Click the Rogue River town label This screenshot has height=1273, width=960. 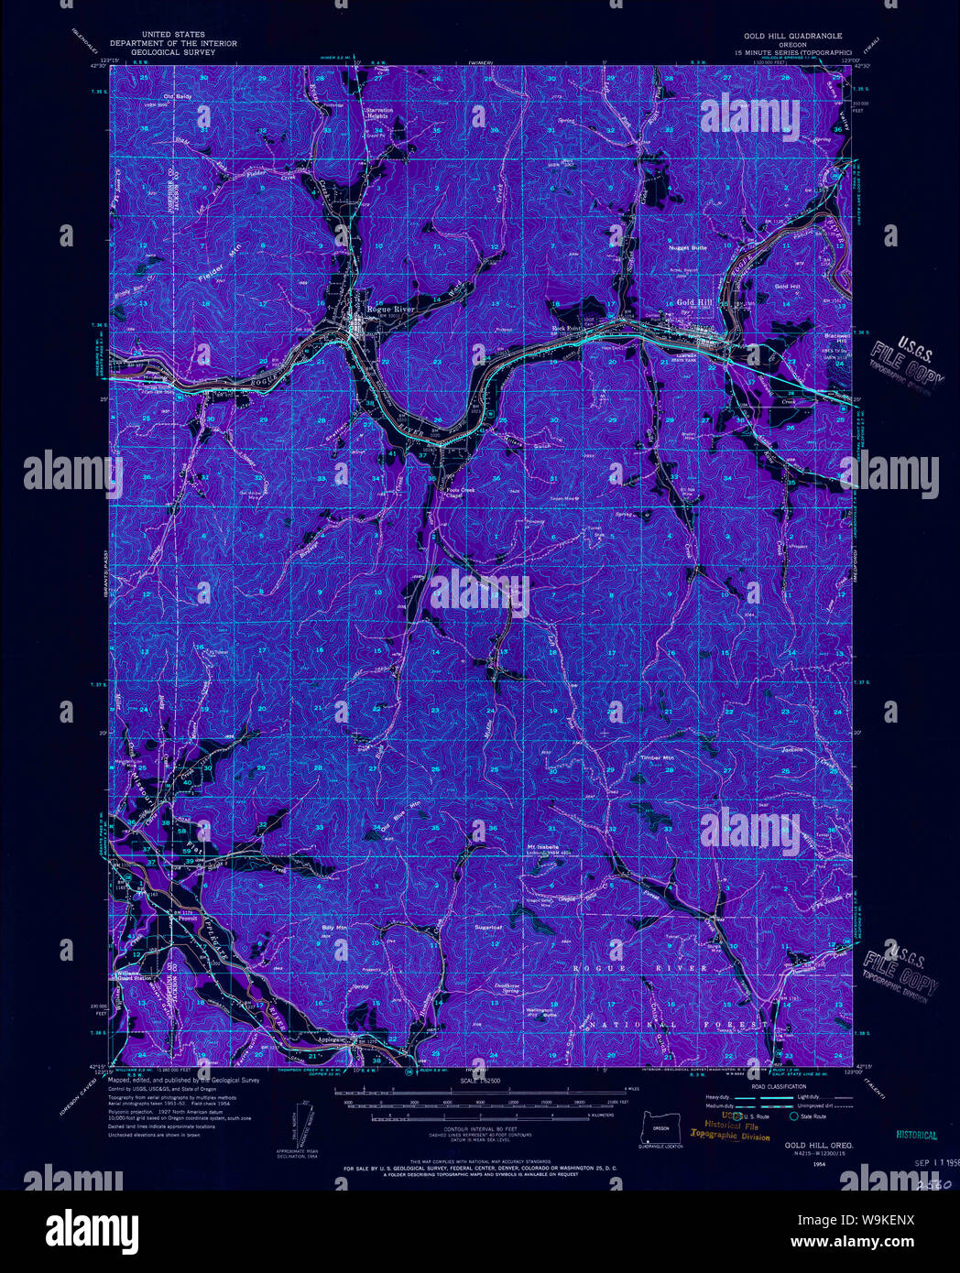point(391,310)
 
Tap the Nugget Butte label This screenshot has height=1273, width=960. point(687,247)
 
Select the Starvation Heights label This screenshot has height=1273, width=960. point(379,114)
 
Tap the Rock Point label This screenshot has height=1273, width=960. point(567,328)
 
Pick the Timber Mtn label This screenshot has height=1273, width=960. point(657,758)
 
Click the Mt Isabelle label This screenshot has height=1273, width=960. point(542,846)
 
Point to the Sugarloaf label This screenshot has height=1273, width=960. point(489,927)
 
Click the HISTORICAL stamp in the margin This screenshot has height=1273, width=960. point(916,1135)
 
